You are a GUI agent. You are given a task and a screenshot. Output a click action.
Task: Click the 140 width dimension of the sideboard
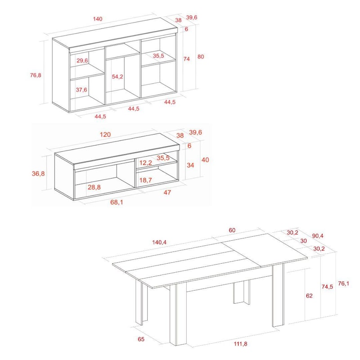[98, 19]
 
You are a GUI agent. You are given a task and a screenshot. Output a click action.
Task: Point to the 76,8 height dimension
[36, 75]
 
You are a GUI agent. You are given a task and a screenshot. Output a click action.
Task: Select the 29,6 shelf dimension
[82, 61]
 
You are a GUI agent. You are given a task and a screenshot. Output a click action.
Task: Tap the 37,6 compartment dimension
[81, 90]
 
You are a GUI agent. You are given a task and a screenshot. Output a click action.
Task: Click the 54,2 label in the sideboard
[117, 76]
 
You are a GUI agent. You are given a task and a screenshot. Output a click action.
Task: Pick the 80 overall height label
[201, 57]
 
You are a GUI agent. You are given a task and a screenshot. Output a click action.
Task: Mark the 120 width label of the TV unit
[105, 135]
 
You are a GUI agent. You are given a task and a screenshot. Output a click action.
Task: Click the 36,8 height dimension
[38, 174]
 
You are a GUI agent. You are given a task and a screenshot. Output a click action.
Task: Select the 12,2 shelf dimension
[145, 163]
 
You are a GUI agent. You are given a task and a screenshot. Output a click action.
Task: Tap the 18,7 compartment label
[145, 180]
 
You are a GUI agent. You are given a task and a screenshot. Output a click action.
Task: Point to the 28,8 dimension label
[94, 187]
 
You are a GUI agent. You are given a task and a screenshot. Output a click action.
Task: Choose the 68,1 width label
[117, 202]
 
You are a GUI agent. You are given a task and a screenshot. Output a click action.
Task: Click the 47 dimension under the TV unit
[167, 192]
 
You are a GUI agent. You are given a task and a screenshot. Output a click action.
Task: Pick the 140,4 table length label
[159, 242]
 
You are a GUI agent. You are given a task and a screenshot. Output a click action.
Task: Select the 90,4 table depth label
[318, 236]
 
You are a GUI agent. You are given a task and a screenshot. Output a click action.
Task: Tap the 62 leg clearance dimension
[309, 296]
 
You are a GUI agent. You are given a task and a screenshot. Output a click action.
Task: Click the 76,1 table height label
[343, 283]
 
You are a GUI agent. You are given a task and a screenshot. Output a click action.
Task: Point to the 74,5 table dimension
[327, 287]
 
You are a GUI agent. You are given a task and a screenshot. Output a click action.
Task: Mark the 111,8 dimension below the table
[241, 344]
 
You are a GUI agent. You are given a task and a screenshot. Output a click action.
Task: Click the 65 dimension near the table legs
[141, 339]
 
